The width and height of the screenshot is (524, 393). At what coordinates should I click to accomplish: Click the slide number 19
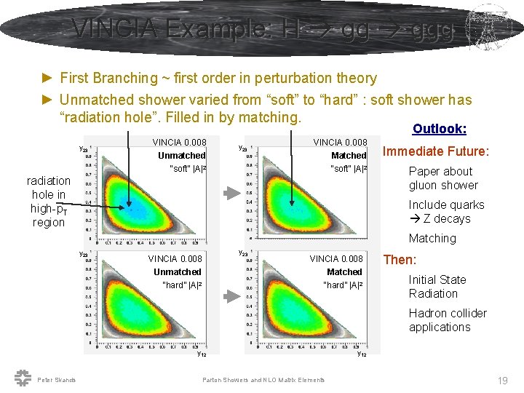pyautogui.click(x=501, y=381)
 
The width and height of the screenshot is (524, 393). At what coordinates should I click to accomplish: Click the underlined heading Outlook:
pyautogui.click(x=439, y=129)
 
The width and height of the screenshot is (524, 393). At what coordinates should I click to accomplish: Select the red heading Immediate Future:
pyautogui.click(x=437, y=151)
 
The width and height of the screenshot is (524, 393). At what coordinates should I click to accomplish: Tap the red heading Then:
pyautogui.click(x=400, y=260)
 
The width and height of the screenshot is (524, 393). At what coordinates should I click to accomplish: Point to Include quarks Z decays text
pyautogui.click(x=445, y=212)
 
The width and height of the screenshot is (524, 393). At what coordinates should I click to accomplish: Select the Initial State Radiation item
pyautogui.click(x=437, y=287)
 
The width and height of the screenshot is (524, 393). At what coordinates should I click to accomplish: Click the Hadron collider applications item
pyautogui.click(x=447, y=320)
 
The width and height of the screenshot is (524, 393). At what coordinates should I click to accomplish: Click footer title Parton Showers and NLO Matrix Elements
pyautogui.click(x=263, y=380)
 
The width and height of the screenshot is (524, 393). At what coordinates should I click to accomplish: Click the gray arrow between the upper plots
pyautogui.click(x=231, y=193)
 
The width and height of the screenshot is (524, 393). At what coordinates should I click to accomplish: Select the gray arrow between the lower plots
pyautogui.click(x=231, y=296)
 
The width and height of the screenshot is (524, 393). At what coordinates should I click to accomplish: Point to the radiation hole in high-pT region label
pyautogui.click(x=49, y=202)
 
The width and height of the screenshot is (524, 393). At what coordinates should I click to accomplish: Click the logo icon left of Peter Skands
pyautogui.click(x=23, y=378)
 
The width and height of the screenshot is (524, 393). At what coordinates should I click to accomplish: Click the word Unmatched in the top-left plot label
pyautogui.click(x=182, y=156)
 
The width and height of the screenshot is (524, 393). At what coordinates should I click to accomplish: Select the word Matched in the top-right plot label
pyautogui.click(x=349, y=156)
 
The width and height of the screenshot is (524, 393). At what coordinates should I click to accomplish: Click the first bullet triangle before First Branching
pyautogui.click(x=47, y=78)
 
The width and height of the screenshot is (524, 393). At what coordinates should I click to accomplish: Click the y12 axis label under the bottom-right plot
pyautogui.click(x=362, y=354)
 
